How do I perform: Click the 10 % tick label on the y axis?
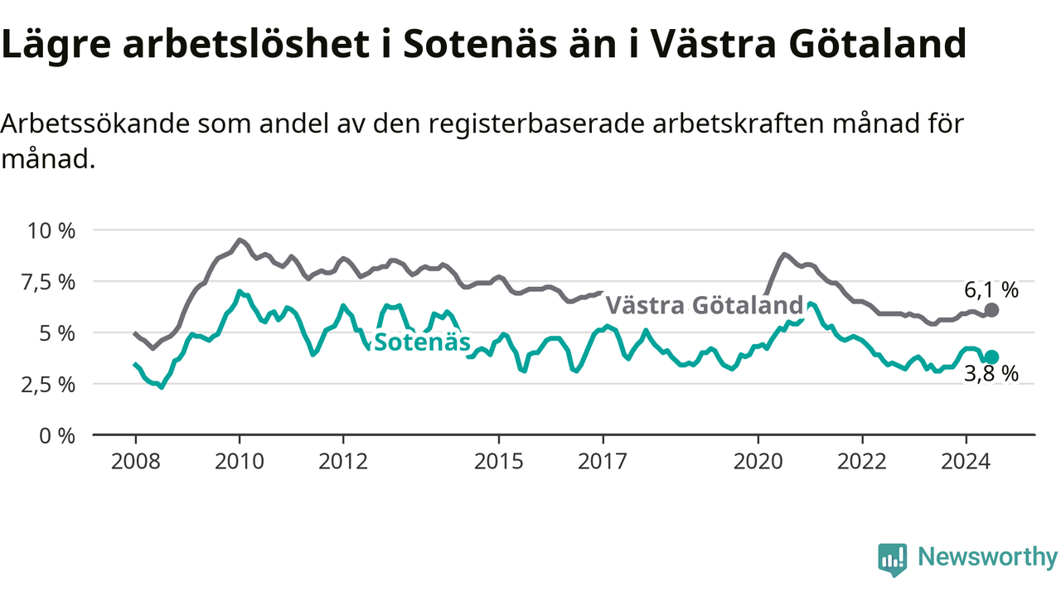point(51,231)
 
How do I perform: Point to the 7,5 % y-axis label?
point(48,283)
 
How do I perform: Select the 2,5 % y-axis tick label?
point(48,385)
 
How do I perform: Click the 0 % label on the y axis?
point(57,436)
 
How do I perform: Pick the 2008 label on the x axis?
point(135,462)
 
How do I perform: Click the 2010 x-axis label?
point(240,462)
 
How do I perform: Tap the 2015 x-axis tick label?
point(499,462)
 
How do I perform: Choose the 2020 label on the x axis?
point(758,462)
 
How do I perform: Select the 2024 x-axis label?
point(966,462)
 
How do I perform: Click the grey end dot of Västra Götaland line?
point(991,310)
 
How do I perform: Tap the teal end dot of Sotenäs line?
point(991,357)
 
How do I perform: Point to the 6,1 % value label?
point(991,290)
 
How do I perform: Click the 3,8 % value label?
point(991,374)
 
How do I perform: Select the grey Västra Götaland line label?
point(705,305)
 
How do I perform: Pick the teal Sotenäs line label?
point(423,342)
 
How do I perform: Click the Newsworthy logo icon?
point(893,560)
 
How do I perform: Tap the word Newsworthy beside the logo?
point(988,557)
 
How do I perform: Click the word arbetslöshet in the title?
point(246,45)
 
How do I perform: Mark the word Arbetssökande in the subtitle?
point(95,124)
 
